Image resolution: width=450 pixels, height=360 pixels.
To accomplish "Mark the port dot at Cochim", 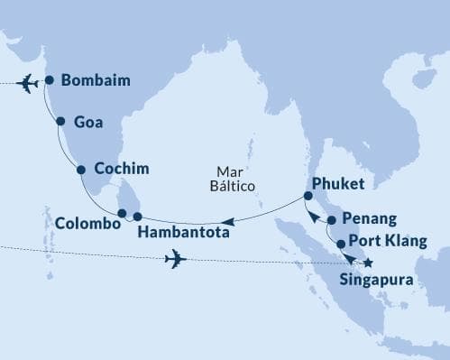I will coord(81,169).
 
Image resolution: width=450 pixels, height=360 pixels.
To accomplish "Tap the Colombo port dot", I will coord(122,213).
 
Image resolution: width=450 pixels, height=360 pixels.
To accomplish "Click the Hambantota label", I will coord(182,233).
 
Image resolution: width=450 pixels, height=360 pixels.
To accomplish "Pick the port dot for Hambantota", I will coord(138,217).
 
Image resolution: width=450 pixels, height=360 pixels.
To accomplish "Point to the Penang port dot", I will coord(332,220).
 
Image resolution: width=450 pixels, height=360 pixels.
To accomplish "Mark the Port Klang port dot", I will coord(341,244).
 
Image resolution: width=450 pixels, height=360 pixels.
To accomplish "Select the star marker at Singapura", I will coord(367,263).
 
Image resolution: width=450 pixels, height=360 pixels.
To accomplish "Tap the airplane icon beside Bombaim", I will coord(29,83).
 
